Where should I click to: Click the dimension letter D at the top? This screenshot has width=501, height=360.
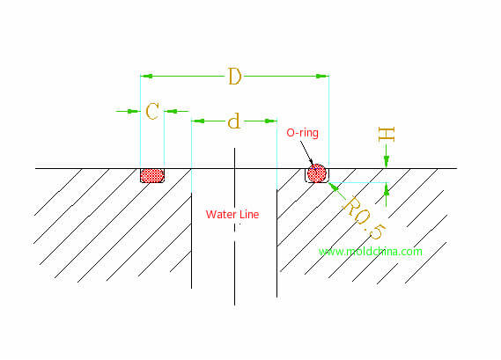pyautogui.click(x=235, y=77)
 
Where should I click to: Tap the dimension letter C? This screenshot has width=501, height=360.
pyautogui.click(x=152, y=111)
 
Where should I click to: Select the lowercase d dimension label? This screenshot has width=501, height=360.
pyautogui.click(x=234, y=121)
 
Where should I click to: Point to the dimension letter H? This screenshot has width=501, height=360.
pyautogui.click(x=387, y=135)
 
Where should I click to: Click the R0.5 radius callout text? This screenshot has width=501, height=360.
pyautogui.click(x=365, y=217)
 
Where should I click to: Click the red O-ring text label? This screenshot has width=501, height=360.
pyautogui.click(x=302, y=133)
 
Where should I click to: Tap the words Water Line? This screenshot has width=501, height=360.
pyautogui.click(x=232, y=215)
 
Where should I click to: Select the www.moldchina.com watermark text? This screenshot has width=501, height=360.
pyautogui.click(x=371, y=252)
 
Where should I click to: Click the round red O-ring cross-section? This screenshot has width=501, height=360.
pyautogui.click(x=317, y=173)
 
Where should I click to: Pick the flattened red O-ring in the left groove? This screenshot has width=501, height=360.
pyautogui.click(x=152, y=175)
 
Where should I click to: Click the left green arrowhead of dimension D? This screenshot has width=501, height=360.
pyautogui.click(x=146, y=76)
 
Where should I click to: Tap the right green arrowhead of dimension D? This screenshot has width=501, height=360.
pyautogui.click(x=323, y=76)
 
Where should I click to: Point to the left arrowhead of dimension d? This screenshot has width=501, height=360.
pyautogui.click(x=197, y=121)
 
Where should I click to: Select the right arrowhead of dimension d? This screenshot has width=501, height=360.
pyautogui.click(x=271, y=121)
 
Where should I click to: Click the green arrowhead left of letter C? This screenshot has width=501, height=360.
pyautogui.click(x=134, y=111)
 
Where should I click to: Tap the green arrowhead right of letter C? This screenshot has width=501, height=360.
pyautogui.click(x=171, y=111)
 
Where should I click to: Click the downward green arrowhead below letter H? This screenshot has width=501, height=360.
pyautogui.click(x=387, y=162)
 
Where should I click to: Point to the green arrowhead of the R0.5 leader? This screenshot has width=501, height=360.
pyautogui.click(x=334, y=187)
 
